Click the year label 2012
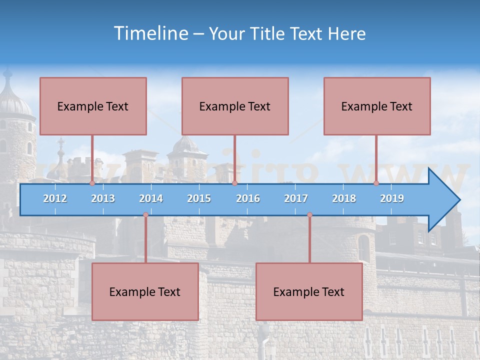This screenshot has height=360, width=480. tap(55, 198)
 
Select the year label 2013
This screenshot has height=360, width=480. tap(103, 198)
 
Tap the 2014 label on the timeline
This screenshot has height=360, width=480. tap(151, 198)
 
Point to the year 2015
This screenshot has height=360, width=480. tap(199, 198)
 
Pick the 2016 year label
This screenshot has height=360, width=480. tap(248, 198)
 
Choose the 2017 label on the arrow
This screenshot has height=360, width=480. tap(296, 198)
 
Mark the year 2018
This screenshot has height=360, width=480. tap(344, 198)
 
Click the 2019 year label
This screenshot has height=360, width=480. tap(392, 198)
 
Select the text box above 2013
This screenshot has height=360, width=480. tap(93, 106)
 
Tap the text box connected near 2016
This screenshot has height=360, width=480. tap(235, 106)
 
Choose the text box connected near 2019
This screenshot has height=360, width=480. tap(377, 106)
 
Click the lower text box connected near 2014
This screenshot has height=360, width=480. tap(145, 291)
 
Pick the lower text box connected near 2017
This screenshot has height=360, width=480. tap(309, 291)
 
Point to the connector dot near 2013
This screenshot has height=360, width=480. tap(92, 183)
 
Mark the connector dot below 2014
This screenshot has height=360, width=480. tap(145, 215)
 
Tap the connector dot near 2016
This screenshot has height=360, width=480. tap(234, 183)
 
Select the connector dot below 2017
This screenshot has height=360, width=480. tap(309, 215)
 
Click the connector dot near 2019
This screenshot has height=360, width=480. tap(376, 183)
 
